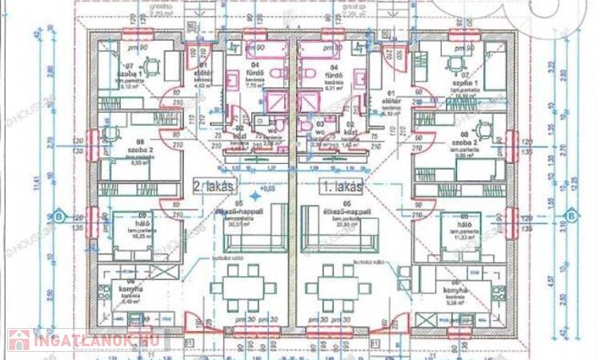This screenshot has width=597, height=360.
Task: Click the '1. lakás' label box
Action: [342, 186]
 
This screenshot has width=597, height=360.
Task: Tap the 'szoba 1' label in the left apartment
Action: [130, 74]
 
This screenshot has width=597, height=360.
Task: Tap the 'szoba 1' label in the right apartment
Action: [465, 84]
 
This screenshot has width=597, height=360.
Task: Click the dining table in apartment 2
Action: [240, 289]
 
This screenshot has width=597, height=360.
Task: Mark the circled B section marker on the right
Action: [571, 216]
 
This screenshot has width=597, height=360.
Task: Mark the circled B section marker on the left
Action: [58, 216]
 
